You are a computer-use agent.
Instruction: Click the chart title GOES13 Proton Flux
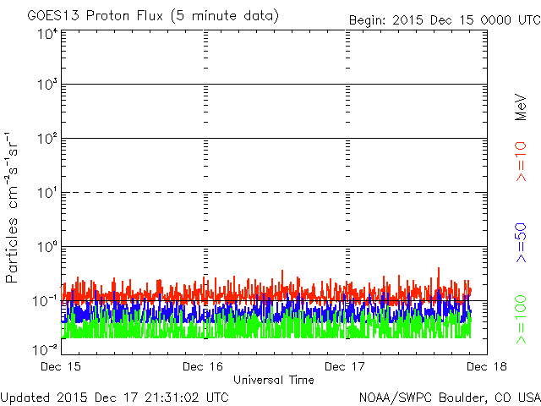(95, 16)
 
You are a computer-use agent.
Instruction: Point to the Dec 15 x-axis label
(61, 366)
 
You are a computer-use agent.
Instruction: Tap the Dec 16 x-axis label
(203, 366)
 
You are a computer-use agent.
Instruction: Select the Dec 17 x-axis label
(345, 366)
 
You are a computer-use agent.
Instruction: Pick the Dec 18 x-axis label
(487, 366)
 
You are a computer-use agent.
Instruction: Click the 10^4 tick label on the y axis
(47, 35)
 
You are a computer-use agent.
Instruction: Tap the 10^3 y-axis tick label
(47, 84)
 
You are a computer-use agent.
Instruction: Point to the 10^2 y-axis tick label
(47, 138)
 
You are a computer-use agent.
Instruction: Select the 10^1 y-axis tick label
(47, 192)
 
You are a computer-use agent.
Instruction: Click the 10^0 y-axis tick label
(47, 246)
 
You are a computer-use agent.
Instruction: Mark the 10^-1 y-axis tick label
(45, 301)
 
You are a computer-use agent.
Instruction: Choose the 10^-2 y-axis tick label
(45, 349)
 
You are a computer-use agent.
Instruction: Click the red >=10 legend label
(521, 162)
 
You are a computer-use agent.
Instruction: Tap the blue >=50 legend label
(521, 243)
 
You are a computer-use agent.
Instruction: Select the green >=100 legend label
(521, 320)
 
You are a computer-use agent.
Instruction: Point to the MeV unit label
(521, 107)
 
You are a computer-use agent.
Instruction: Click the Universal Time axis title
(274, 380)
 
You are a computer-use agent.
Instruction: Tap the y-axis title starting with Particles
(11, 207)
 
